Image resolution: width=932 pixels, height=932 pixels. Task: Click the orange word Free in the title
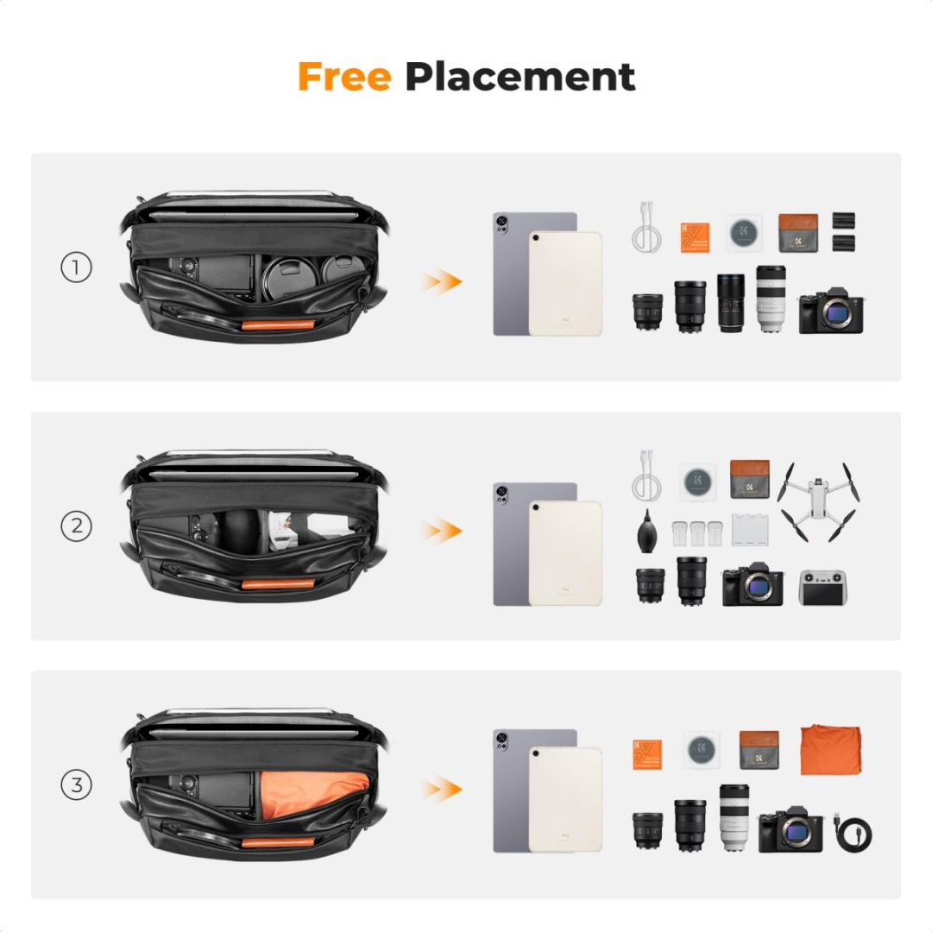point(343,77)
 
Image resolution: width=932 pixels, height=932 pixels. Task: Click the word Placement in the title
point(520,77)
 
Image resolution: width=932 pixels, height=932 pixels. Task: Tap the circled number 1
point(76,268)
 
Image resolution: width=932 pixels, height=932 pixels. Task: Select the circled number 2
point(76,526)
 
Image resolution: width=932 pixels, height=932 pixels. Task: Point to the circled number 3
point(76,785)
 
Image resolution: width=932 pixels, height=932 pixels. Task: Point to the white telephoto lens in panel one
point(771,298)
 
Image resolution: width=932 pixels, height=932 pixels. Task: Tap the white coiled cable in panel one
point(645,228)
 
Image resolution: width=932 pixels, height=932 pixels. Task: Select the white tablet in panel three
point(565,799)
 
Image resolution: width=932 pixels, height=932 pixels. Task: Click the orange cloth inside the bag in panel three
point(311,793)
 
